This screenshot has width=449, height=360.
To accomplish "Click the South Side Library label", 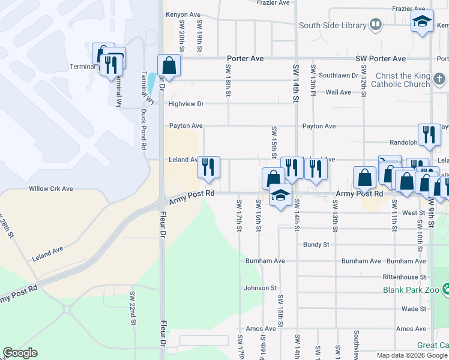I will [333, 25].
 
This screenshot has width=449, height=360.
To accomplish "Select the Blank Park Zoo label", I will [411, 290].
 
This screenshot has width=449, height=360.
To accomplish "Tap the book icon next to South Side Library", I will [376, 25].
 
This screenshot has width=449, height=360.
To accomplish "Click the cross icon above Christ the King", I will [439, 77].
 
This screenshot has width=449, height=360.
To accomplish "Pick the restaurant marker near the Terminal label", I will [110, 64].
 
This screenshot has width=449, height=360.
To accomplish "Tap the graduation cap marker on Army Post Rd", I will [280, 196].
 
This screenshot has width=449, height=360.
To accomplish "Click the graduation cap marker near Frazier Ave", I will [423, 22].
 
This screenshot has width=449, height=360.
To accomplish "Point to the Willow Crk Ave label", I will [51, 188].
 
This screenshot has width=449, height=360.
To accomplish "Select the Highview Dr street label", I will [186, 103].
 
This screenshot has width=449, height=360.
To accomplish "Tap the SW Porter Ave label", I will [381, 59].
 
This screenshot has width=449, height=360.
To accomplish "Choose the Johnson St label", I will [260, 288].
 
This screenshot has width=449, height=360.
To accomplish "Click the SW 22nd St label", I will [131, 308].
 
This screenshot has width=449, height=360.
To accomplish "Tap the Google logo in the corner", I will [20, 353].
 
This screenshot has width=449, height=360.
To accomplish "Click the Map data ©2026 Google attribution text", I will [411, 355].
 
